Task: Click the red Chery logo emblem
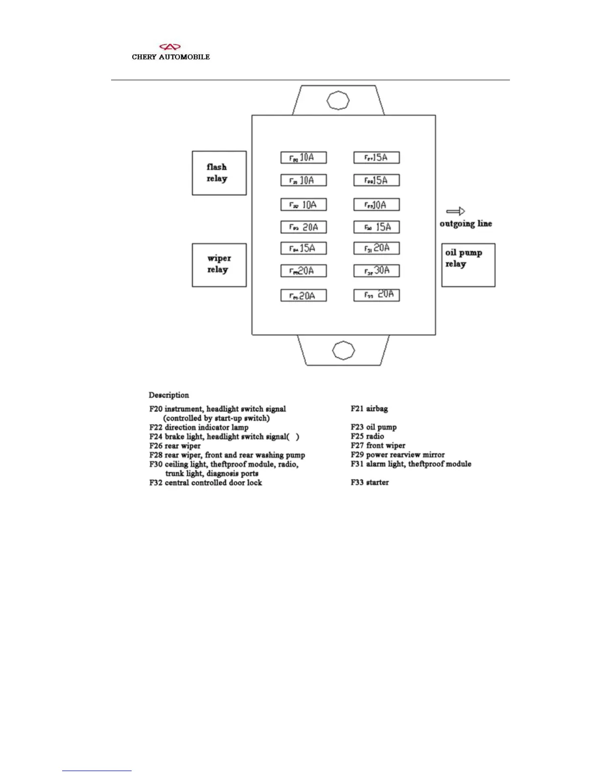click(170, 47)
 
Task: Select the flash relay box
click(219, 173)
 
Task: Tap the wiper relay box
click(219, 265)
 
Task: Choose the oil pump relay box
click(468, 265)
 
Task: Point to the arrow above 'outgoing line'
click(455, 211)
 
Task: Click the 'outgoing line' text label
click(465, 224)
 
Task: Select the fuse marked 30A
click(376, 271)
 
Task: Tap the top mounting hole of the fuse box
click(337, 100)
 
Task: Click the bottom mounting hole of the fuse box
click(343, 350)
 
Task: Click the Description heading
click(169, 395)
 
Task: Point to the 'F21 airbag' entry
click(369, 409)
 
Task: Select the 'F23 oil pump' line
click(373, 427)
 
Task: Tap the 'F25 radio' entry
click(367, 436)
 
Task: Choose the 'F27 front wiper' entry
click(378, 445)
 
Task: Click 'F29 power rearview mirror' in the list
click(397, 455)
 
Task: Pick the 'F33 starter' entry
click(369, 482)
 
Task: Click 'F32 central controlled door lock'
click(206, 482)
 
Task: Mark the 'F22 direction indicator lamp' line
click(199, 427)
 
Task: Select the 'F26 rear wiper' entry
click(175, 446)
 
